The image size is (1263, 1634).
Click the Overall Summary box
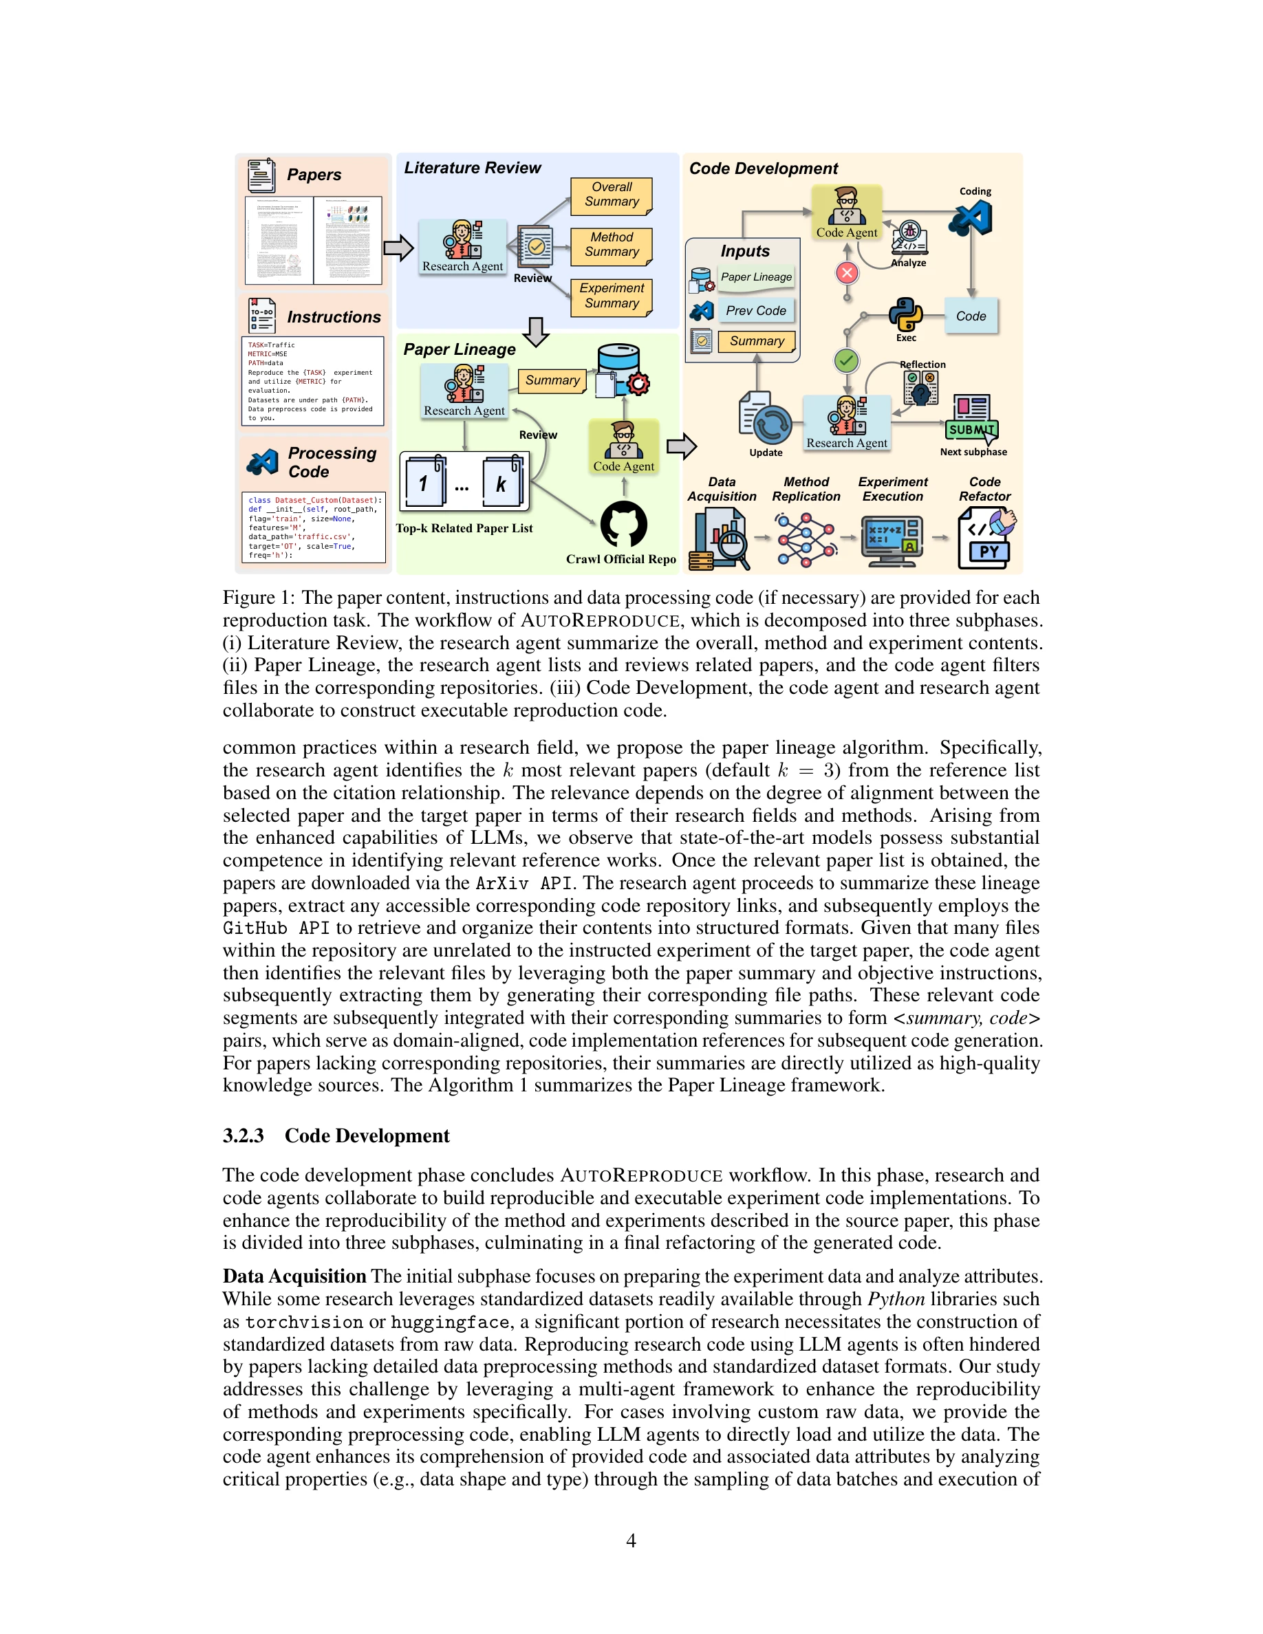pos(612,195)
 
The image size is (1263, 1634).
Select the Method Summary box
pos(612,246)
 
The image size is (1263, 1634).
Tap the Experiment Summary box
pos(612,296)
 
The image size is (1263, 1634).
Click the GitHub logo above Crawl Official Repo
pos(623,524)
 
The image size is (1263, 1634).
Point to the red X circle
pos(847,273)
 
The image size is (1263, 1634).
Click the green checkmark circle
pos(846,361)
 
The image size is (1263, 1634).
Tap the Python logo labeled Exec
pos(905,315)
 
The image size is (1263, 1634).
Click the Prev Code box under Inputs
pos(756,310)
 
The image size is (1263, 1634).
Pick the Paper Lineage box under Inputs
pos(756,278)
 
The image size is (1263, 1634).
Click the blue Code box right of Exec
pos(971,316)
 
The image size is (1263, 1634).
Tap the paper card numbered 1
pos(424,483)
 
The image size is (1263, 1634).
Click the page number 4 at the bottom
pos(631,1540)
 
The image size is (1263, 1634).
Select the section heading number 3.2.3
pos(243,1135)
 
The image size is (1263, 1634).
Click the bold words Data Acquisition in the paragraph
pos(294,1276)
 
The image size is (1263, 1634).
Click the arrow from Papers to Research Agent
pos(398,248)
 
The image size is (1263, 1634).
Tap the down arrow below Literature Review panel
pos(536,331)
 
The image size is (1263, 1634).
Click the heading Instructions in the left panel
pos(334,317)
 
